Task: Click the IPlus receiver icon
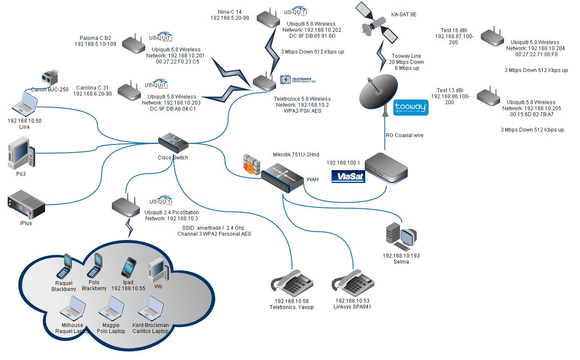[26, 205]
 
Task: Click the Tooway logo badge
[411, 108]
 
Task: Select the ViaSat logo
[348, 176]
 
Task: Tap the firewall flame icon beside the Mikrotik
[251, 163]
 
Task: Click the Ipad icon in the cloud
[129, 268]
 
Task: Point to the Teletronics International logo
[298, 80]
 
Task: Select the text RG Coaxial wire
[404, 135]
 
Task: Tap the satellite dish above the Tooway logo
[377, 92]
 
